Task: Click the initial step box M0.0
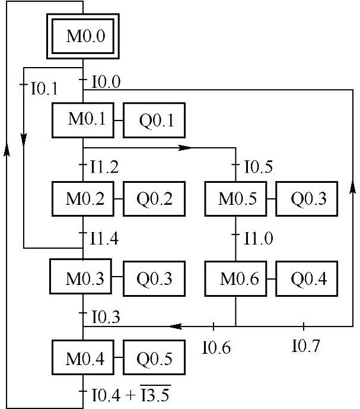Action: point(83,37)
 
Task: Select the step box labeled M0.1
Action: point(83,120)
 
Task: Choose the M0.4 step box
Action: point(83,359)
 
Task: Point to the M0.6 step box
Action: point(236,278)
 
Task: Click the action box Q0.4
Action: point(308,278)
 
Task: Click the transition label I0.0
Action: point(106,83)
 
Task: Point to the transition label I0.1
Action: point(44,90)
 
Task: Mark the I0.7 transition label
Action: point(306,345)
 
